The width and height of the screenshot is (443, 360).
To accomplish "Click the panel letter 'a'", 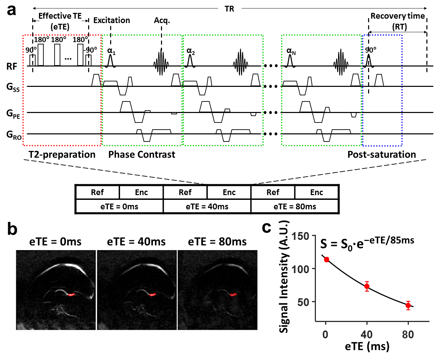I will (12, 10).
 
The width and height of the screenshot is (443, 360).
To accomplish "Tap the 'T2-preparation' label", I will (62, 155).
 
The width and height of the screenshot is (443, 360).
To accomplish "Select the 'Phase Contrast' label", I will (142, 155).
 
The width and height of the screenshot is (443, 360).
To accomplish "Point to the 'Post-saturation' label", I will (382, 155).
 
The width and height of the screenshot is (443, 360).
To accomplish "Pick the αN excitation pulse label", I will (291, 52).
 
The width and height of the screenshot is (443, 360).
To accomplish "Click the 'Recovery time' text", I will (397, 16).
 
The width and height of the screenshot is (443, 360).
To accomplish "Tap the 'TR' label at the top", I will (229, 9).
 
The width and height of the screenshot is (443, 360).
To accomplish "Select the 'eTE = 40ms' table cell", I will (207, 207).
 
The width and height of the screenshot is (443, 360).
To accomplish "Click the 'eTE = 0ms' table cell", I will (119, 207).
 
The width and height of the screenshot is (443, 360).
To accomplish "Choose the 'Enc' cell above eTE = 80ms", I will (317, 192).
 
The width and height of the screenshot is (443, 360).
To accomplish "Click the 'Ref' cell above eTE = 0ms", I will (97, 192).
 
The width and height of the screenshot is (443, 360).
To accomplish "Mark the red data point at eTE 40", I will (367, 286).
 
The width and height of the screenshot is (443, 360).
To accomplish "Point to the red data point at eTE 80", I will (408, 305).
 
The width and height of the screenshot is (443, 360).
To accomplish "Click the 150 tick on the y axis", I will (301, 236).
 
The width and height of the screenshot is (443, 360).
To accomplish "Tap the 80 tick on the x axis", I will (408, 335).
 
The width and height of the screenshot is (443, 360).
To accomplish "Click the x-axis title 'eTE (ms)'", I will (367, 346).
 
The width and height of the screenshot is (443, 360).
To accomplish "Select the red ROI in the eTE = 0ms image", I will (71, 295).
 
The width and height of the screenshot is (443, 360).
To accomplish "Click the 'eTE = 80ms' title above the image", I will (217, 242).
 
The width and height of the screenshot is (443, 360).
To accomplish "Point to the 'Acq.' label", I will (162, 20).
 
